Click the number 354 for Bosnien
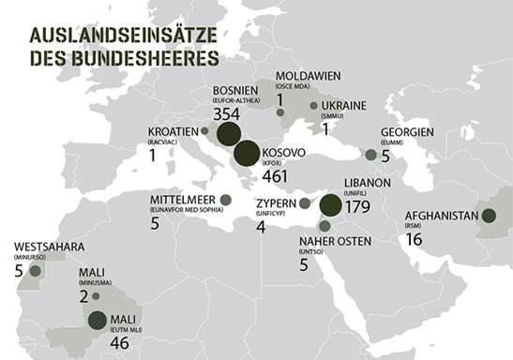pyautogui.click(x=226, y=113)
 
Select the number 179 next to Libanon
pyautogui.click(x=358, y=206)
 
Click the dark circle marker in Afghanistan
pyautogui.click(x=488, y=216)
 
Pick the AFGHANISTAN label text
pyautogui.click(x=443, y=215)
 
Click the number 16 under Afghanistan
pyautogui.click(x=415, y=239)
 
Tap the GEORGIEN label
pyautogui.click(x=407, y=132)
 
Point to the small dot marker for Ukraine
pyautogui.click(x=312, y=105)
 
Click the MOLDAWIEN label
pyautogui.click(x=309, y=75)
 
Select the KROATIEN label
pyautogui.click(x=174, y=130)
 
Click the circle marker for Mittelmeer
pyautogui.click(x=225, y=200)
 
